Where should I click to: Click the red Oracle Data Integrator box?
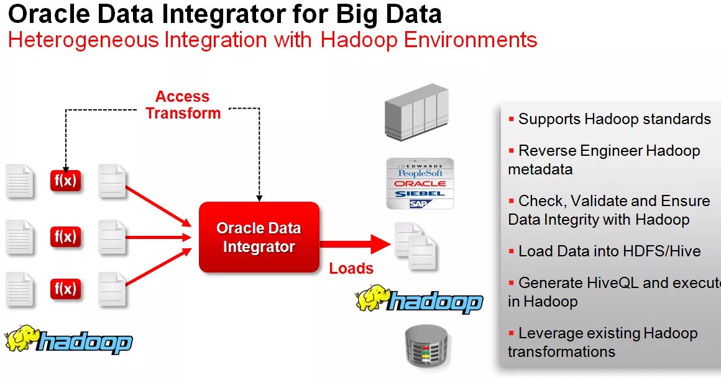click(x=259, y=237)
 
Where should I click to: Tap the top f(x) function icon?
click(x=65, y=181)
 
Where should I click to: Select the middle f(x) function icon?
click(x=65, y=236)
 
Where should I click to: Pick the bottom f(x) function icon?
click(x=65, y=289)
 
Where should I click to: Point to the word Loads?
click(x=351, y=269)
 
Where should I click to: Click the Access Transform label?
click(x=183, y=105)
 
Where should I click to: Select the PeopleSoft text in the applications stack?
click(x=421, y=174)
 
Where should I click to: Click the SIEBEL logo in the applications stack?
click(x=420, y=194)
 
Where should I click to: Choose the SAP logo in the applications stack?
click(x=420, y=203)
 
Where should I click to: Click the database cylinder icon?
click(x=426, y=347)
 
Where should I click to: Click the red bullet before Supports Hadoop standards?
click(x=512, y=118)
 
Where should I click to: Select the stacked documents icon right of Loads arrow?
click(x=416, y=245)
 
